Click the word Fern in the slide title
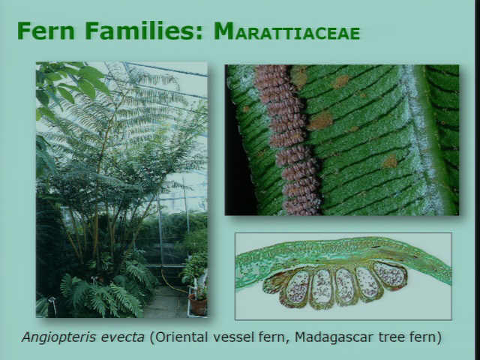pos(46,31)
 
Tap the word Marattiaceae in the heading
pos(286,31)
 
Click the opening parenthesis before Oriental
pos(152,337)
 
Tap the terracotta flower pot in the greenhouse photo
pos(198,304)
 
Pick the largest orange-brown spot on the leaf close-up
pos(320,121)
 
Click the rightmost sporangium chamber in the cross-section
pos(390,275)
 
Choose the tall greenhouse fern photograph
pos(121,190)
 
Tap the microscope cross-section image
pos(343,277)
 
